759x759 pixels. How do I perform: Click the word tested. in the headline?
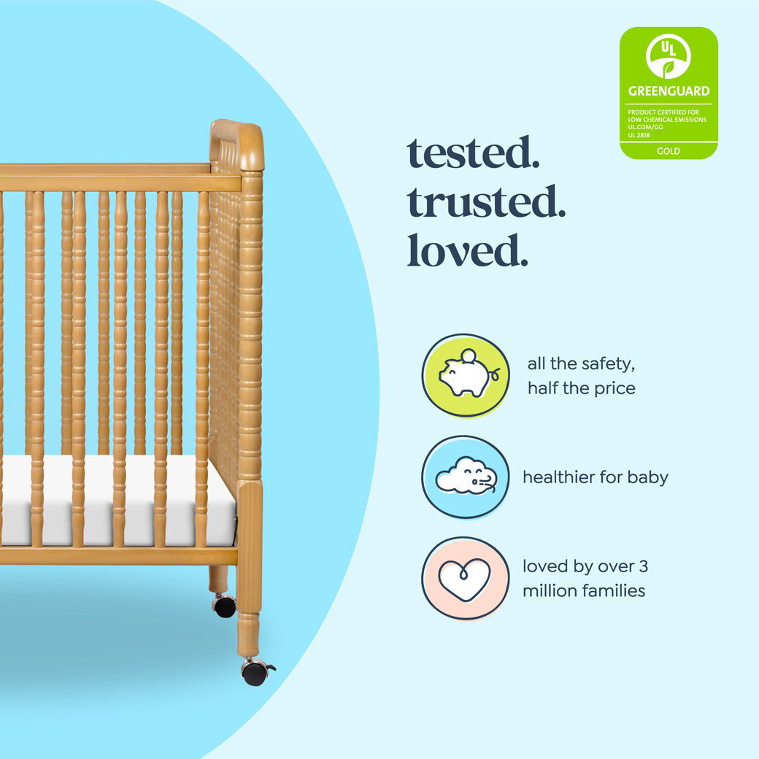point(473,153)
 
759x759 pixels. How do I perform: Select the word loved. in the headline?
point(467,250)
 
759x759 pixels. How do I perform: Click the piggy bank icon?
point(466,375)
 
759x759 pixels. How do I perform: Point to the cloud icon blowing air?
point(466,477)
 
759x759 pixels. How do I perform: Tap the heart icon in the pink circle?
point(465,579)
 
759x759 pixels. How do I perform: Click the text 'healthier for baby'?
point(596,477)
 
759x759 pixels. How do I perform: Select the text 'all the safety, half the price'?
point(582,376)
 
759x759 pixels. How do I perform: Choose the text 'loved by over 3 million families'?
point(585,579)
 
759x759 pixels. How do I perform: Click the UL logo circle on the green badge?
point(668,57)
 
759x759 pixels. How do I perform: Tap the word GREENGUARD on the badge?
point(669,91)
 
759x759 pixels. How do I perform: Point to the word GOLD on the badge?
point(669,152)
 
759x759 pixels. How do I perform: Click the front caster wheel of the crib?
point(255,673)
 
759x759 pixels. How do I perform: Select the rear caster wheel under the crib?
point(225,606)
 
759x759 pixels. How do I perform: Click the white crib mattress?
point(117,500)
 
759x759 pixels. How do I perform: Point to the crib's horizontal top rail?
point(109,178)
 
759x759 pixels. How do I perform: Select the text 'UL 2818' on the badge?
point(639,135)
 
